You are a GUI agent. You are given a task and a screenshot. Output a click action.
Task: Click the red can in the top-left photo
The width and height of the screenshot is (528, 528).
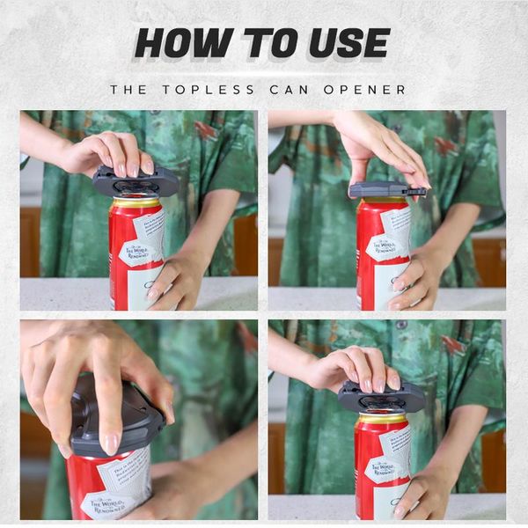136,255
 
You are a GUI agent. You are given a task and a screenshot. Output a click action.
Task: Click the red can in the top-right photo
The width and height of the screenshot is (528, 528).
383,255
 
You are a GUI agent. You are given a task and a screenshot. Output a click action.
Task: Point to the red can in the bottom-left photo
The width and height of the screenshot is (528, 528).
110,488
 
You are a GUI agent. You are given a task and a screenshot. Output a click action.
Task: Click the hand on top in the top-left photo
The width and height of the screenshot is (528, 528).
114,153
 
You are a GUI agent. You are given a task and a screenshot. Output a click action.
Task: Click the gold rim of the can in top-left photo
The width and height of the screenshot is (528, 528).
136,202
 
